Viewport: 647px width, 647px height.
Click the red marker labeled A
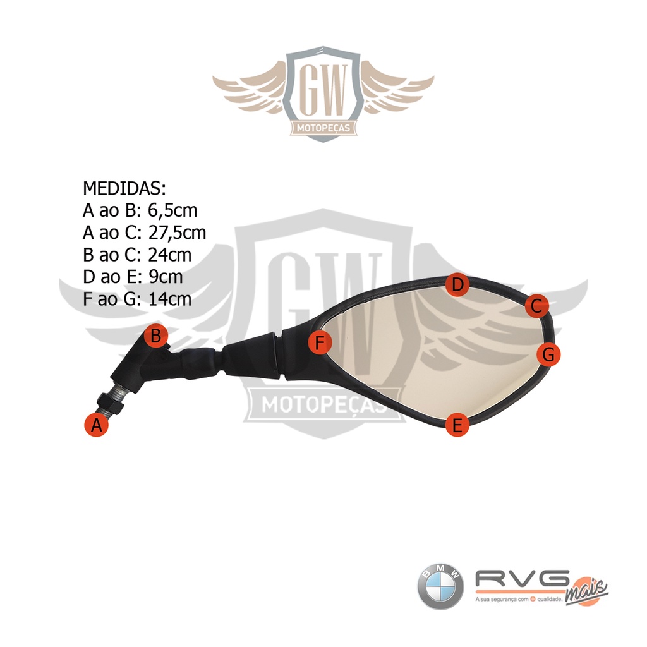click(x=96, y=425)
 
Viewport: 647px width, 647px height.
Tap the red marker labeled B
click(x=155, y=334)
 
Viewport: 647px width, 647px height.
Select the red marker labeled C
click(x=536, y=306)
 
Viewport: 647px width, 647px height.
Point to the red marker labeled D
click(x=457, y=286)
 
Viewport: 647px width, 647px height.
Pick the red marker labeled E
click(x=457, y=425)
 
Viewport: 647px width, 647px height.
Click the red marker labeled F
click(x=320, y=343)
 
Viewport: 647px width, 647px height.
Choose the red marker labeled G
click(x=548, y=354)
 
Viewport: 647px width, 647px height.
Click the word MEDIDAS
click(x=124, y=188)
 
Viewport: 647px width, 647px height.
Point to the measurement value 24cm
click(x=170, y=255)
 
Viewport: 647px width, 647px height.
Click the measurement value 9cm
click(x=166, y=277)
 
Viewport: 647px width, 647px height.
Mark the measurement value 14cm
click(x=170, y=299)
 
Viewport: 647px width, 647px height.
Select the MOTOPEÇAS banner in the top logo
click(x=323, y=129)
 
